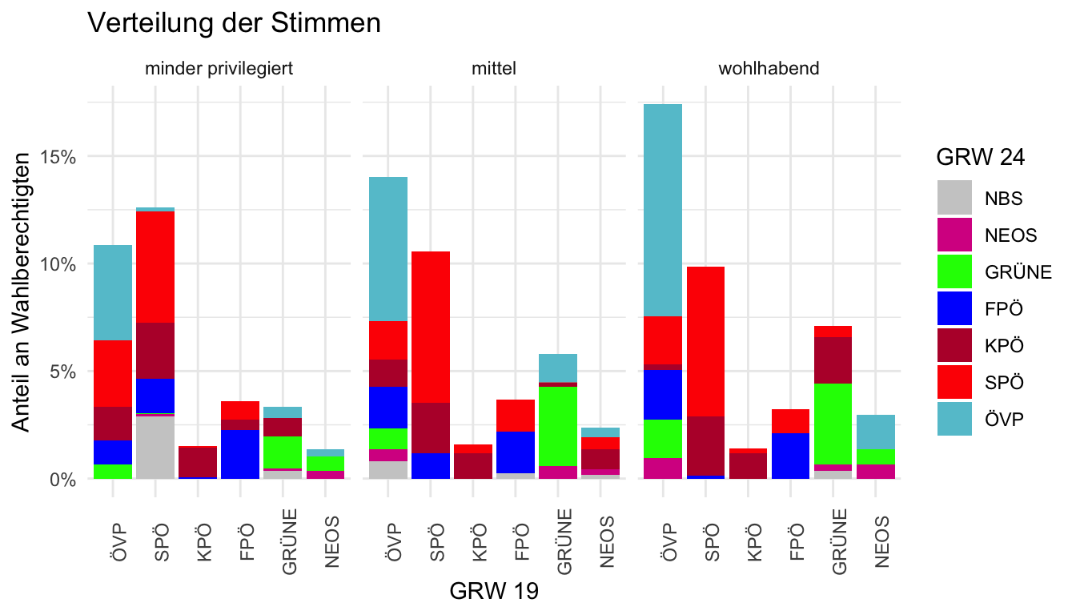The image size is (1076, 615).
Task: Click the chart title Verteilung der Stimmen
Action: [x=233, y=23]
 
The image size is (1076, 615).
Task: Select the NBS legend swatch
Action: [x=954, y=198]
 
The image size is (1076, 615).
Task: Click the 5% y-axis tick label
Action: [x=63, y=372]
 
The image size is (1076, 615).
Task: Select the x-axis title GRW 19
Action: [x=494, y=592]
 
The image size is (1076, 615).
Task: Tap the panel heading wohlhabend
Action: [x=769, y=68]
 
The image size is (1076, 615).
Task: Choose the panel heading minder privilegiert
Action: [x=219, y=68]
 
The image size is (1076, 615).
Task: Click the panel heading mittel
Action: [x=494, y=68]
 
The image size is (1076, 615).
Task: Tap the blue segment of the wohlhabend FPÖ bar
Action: [x=789, y=456]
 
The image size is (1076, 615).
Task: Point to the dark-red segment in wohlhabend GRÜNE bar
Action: [x=833, y=360]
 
